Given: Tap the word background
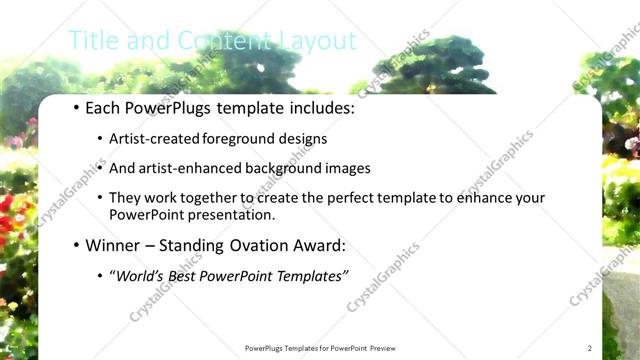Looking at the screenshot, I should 288,169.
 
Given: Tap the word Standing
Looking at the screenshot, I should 190,245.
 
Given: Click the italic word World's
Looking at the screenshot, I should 140,275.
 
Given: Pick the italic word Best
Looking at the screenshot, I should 181,275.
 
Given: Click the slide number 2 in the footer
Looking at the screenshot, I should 589,348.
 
